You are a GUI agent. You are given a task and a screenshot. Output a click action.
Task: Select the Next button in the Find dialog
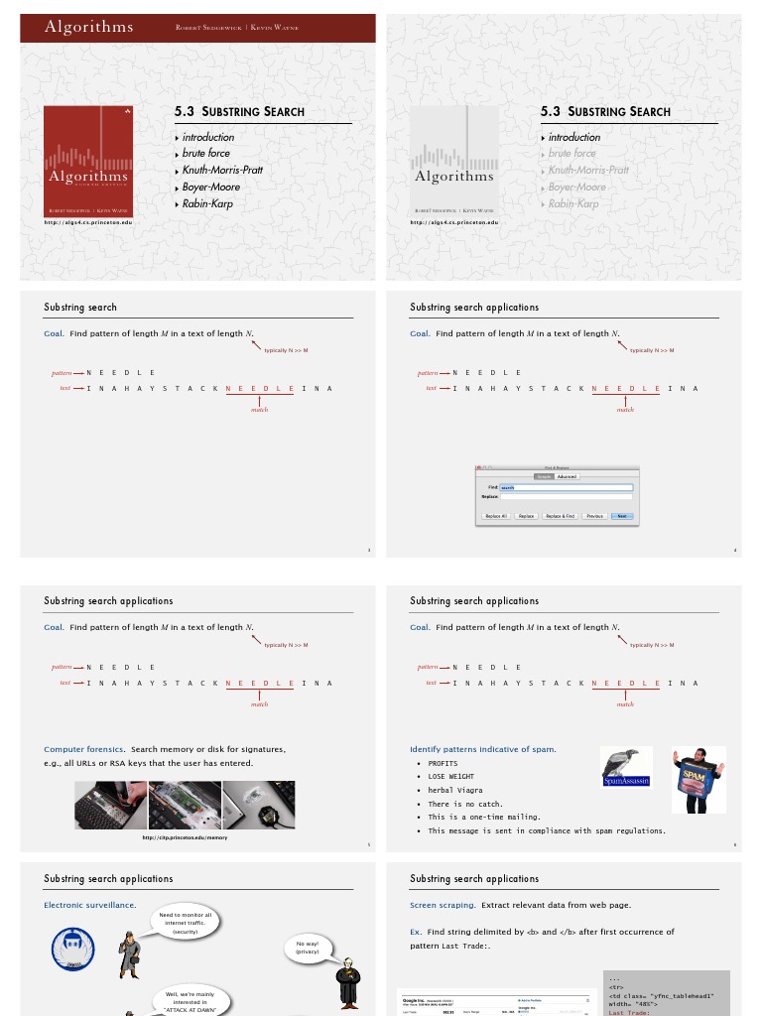621,516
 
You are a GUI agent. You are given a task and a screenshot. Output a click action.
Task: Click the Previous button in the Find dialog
594,516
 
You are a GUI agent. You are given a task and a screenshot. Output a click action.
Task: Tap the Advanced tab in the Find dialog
567,476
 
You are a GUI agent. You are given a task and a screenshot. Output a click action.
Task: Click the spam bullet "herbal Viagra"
455,790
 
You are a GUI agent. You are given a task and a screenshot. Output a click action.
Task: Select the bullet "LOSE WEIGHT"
450,777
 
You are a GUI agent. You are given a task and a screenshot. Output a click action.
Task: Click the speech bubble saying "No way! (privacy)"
307,948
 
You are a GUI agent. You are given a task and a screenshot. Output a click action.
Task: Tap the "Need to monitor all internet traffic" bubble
186,924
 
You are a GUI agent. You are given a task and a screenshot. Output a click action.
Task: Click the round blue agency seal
72,949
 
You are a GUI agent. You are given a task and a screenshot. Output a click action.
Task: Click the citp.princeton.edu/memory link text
185,837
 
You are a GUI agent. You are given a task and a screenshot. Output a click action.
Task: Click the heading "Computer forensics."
84,749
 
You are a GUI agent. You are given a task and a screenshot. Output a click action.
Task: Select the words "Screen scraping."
444,905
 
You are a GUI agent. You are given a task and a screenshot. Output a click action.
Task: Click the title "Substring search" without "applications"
80,308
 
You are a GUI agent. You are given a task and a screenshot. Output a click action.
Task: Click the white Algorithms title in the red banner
88,27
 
